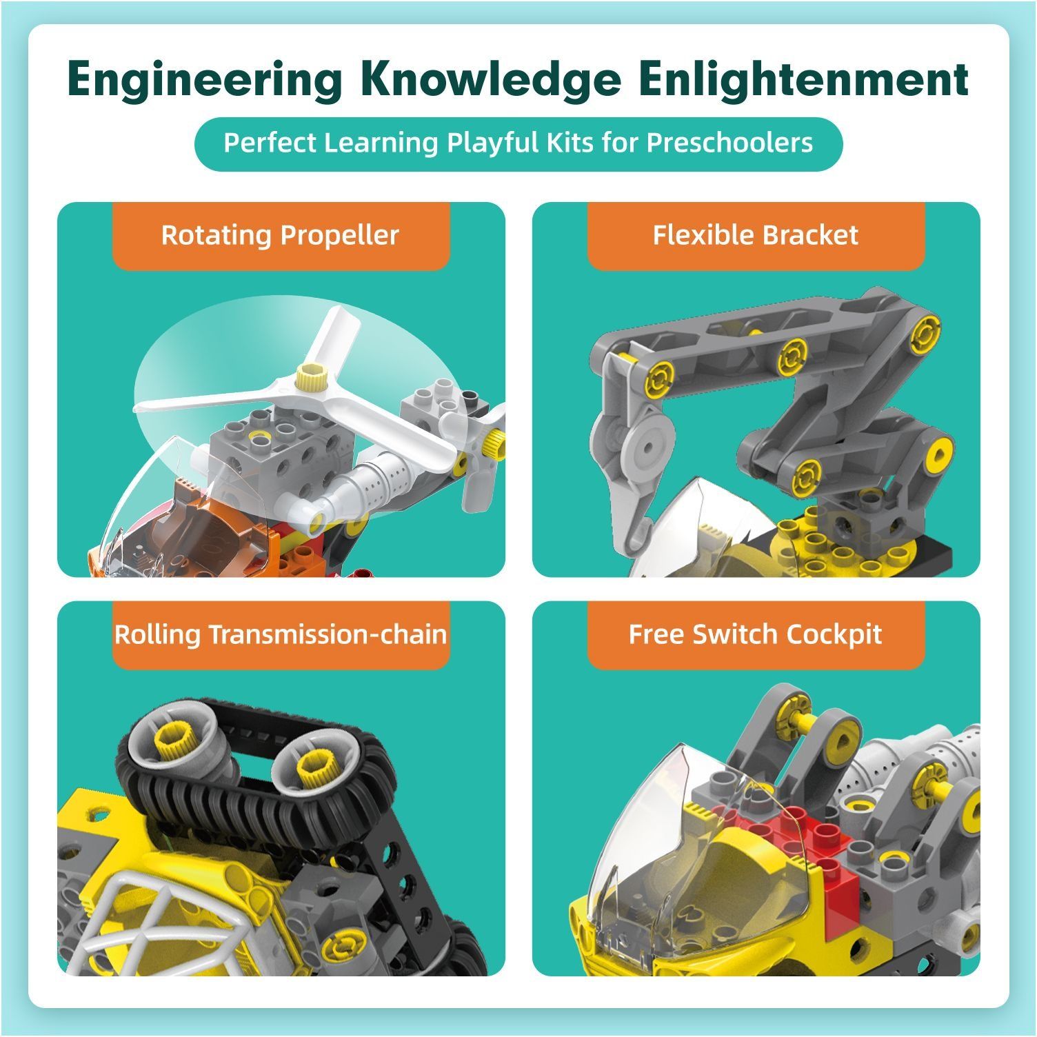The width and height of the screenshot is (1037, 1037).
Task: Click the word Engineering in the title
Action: point(205,81)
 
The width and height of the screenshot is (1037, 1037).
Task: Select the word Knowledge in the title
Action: point(490,81)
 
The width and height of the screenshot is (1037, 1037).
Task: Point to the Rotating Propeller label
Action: point(280,235)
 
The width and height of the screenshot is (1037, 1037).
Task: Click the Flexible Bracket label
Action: point(756,235)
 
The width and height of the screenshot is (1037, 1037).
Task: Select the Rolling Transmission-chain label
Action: point(281,634)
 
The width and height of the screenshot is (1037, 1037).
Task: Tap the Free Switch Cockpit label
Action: point(756,634)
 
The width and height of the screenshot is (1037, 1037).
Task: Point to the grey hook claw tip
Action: point(641,531)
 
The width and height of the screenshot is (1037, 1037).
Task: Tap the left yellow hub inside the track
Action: point(175,738)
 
